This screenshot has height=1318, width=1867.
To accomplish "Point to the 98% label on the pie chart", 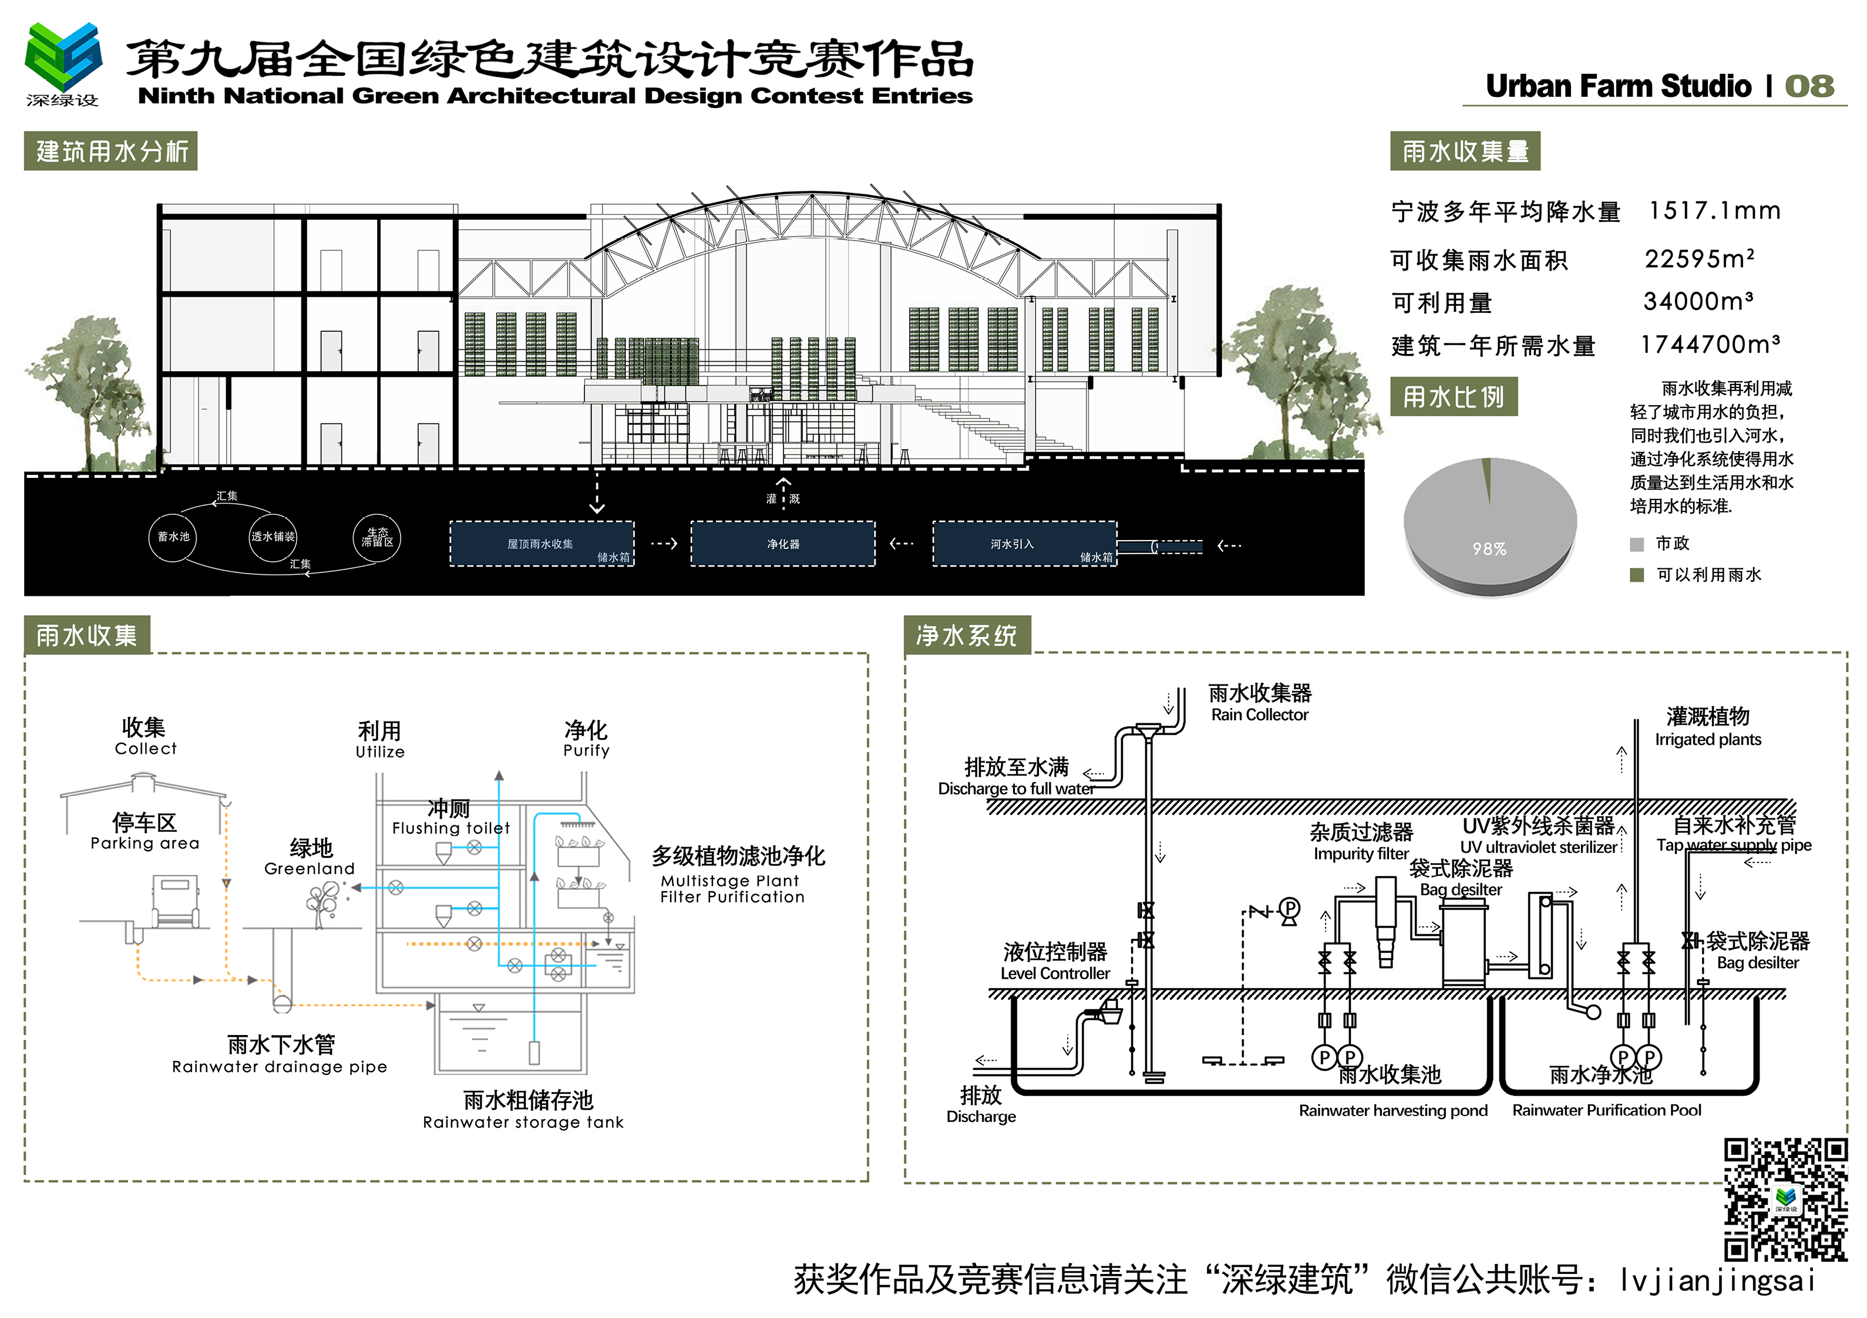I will (1489, 550).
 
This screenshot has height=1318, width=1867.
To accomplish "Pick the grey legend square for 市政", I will (1637, 544).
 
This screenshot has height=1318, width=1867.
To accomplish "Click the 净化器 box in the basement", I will (782, 544).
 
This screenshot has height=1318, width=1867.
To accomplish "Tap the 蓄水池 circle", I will (173, 537).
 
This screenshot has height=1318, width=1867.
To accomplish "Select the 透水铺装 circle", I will (273, 537).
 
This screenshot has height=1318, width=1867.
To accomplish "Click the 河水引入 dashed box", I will (1024, 544).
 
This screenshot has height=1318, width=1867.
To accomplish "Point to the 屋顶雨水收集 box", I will (541, 544).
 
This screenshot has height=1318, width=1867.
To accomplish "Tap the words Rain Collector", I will (1260, 714).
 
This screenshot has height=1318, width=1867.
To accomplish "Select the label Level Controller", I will (1055, 973).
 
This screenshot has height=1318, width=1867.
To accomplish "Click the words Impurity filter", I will (1360, 854).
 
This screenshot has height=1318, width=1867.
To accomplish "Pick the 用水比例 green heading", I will (1453, 397).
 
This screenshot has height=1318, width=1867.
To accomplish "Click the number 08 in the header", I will (1809, 86).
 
